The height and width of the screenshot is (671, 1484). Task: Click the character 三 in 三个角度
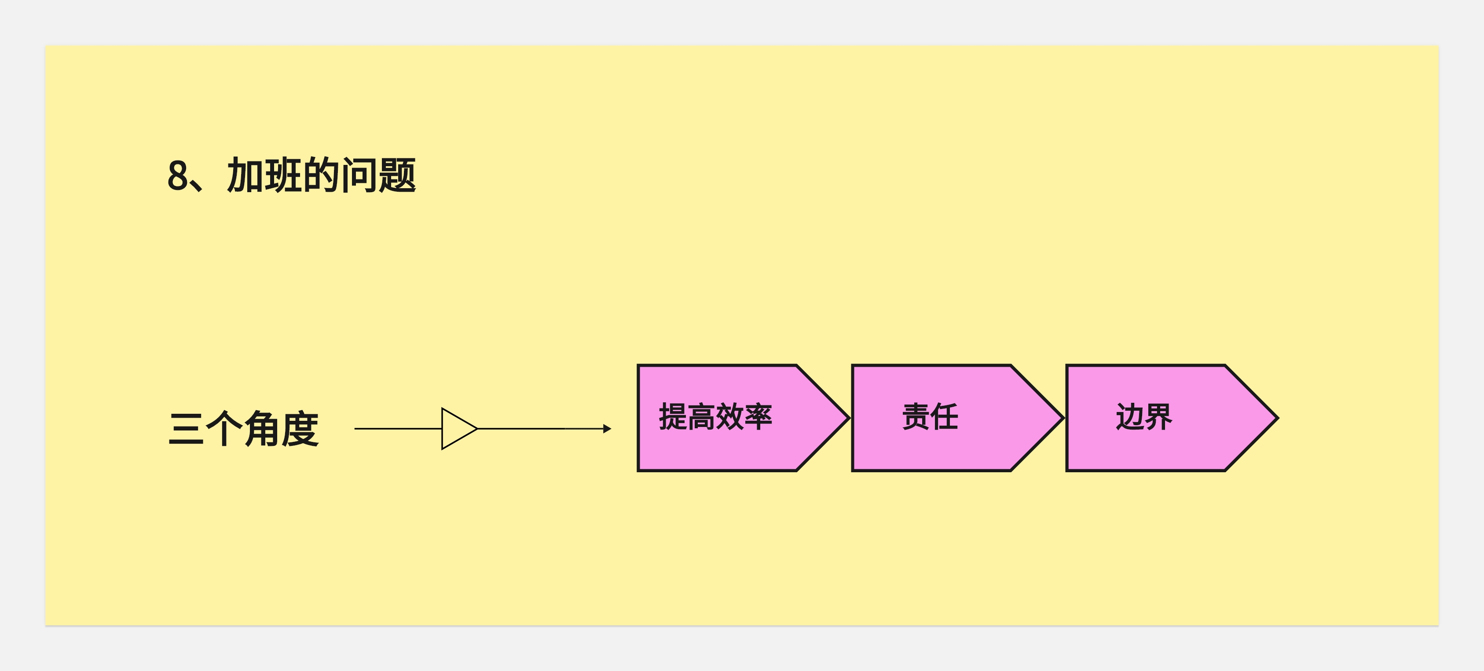[186, 429]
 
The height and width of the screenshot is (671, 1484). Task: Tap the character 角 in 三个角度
[263, 429]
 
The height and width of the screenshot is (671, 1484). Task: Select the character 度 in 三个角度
[300, 429]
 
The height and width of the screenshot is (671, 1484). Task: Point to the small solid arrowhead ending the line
[607, 429]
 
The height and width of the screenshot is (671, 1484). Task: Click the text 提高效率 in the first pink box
[715, 417]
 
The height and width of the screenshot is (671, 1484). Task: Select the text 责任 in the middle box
[930, 417]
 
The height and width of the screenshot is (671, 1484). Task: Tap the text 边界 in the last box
[1144, 417]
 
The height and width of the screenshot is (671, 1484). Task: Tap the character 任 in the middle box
[944, 417]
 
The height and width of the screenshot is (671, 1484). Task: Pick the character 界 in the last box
[1158, 417]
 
